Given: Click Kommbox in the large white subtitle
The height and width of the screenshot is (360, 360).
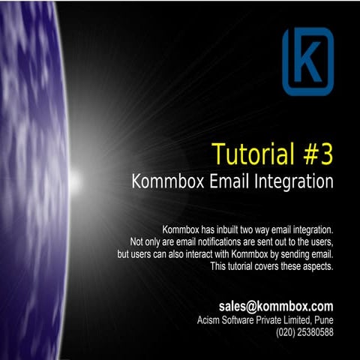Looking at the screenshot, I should (x=166, y=181).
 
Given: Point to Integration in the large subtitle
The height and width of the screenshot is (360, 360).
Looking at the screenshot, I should (x=295, y=181).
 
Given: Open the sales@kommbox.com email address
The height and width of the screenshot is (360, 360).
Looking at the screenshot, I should (x=276, y=306).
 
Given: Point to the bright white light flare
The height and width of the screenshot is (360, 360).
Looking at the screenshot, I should (x=75, y=180).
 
